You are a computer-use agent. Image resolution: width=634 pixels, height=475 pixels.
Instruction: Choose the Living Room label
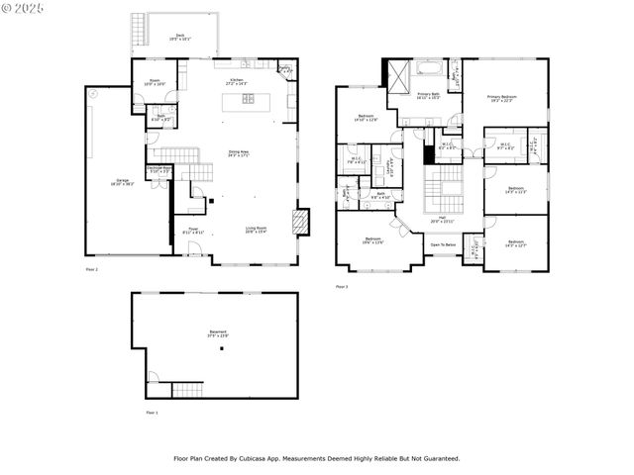257,229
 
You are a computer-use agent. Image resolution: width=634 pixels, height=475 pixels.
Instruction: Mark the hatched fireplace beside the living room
300,221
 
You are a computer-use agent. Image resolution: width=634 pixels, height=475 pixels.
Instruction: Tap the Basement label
218,332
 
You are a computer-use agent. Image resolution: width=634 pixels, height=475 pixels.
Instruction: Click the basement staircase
187,389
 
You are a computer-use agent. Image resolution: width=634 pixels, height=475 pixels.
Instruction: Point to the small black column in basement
223,348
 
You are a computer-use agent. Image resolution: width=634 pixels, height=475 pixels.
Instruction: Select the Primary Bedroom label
503,97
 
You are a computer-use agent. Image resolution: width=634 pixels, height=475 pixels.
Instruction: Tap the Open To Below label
442,243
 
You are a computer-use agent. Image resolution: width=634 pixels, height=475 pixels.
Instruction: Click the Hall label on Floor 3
442,219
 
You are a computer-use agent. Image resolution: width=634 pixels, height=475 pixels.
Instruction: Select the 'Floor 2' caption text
91,268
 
